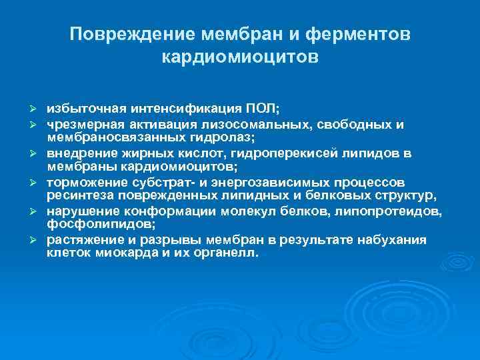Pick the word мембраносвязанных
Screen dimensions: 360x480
pyautogui.click(x=108, y=138)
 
